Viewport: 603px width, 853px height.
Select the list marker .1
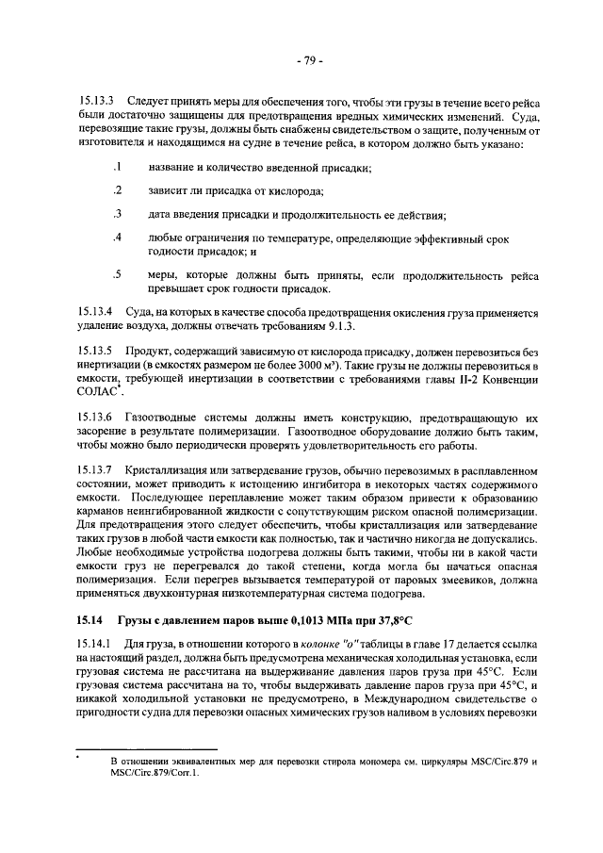pyautogui.click(x=117, y=168)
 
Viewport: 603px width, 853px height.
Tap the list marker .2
pyautogui.click(x=117, y=190)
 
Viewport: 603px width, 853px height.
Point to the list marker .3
pyautogui.click(x=117, y=213)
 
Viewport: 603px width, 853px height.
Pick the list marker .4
pyautogui.click(x=117, y=238)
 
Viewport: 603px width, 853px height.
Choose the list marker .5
pyautogui.click(x=117, y=275)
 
